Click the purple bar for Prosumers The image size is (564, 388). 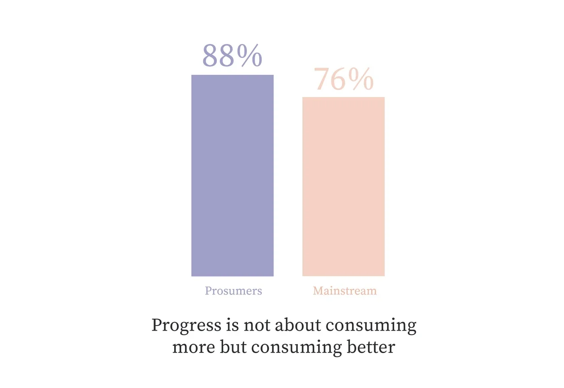pyautogui.click(x=232, y=175)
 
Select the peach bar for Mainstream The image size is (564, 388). pyautogui.click(x=343, y=187)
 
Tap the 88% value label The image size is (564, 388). pyautogui.click(x=232, y=56)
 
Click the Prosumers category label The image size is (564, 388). pyautogui.click(x=234, y=291)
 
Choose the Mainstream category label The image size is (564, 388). pyautogui.click(x=344, y=291)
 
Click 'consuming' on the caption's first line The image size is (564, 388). pyautogui.click(x=371, y=326)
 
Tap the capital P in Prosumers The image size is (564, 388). pyautogui.click(x=209, y=291)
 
